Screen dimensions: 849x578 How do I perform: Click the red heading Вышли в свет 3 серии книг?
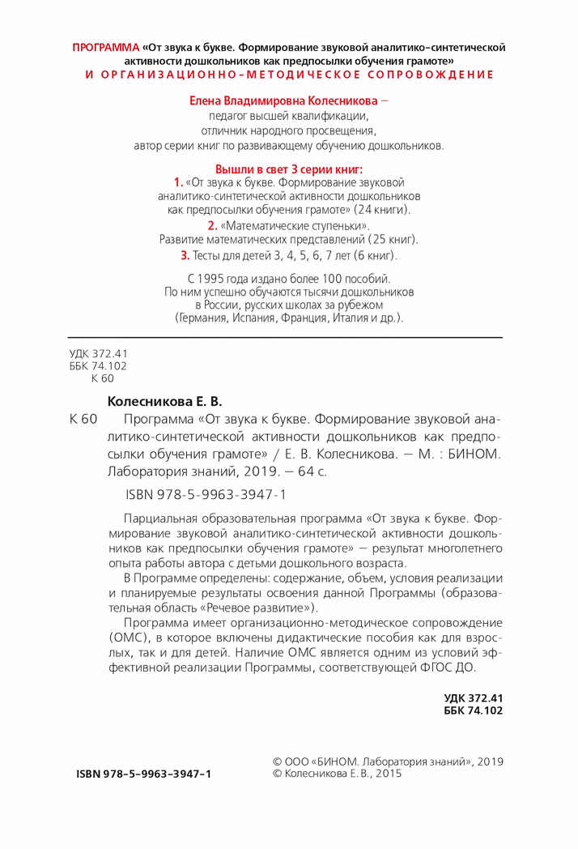(289, 169)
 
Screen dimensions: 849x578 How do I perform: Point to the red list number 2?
(211, 225)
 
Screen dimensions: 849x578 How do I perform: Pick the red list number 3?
(185, 255)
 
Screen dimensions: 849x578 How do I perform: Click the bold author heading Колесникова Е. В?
(164, 401)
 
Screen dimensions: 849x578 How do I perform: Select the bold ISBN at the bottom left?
(143, 774)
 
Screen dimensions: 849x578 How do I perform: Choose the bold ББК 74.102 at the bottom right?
(474, 710)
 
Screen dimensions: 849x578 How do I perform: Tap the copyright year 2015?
(385, 774)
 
